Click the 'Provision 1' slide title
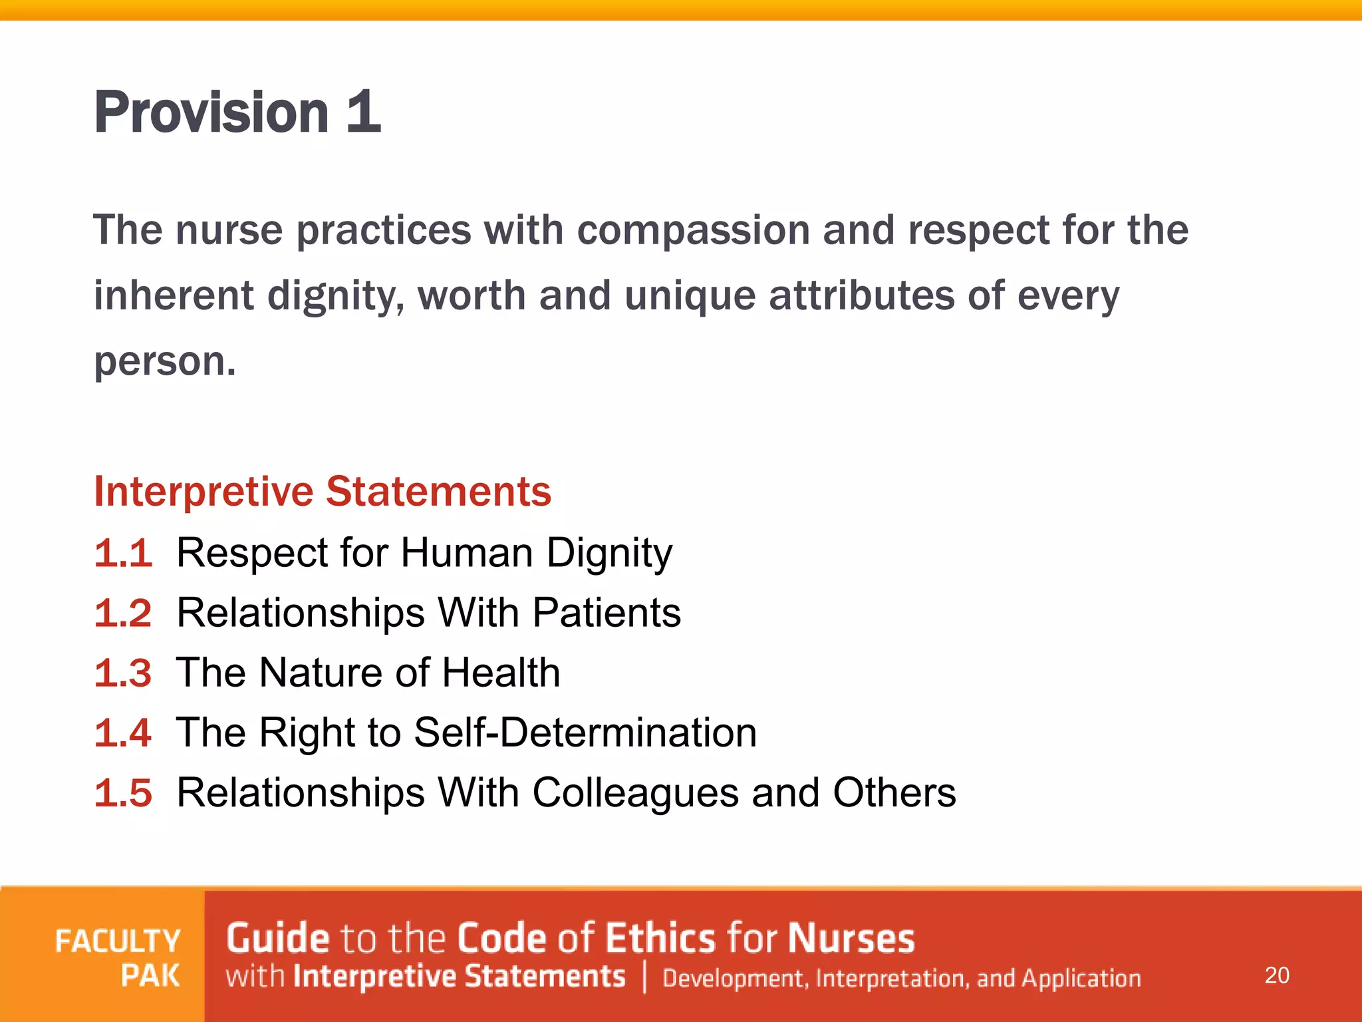click(237, 112)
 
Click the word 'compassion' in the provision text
click(693, 230)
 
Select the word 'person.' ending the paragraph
click(165, 362)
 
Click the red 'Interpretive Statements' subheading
click(323, 492)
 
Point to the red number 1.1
click(124, 553)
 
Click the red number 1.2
click(124, 613)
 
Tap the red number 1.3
click(124, 673)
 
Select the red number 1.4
click(124, 733)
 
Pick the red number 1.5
click(124, 793)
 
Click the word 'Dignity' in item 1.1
click(609, 554)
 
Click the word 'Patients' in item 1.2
click(607, 613)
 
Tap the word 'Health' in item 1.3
click(501, 673)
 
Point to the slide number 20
click(1277, 975)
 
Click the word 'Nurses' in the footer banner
click(851, 939)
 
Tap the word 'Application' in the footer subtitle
click(1081, 979)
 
